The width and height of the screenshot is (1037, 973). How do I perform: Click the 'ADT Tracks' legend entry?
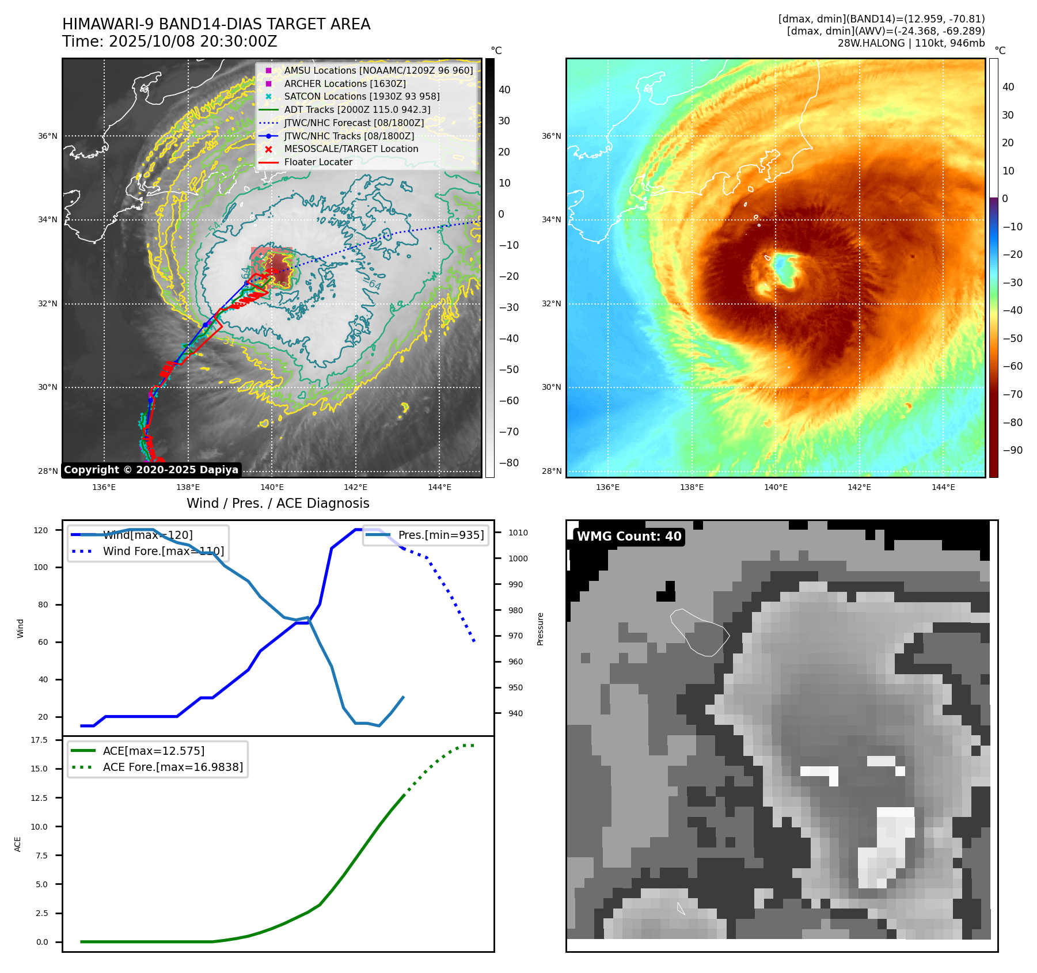(357, 109)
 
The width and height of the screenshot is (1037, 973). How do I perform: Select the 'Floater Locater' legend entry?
(318, 162)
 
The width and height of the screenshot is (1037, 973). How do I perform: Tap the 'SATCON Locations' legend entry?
(362, 96)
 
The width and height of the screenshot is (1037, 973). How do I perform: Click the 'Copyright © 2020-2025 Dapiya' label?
(151, 470)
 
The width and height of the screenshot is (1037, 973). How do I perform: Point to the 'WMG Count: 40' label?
(629, 537)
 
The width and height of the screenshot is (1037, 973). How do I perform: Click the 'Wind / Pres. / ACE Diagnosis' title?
(278, 503)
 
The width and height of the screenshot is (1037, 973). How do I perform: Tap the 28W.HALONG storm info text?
(911, 43)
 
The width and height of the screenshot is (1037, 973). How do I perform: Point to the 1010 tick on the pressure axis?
(518, 533)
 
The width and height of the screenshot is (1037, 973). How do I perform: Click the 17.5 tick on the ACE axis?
(39, 740)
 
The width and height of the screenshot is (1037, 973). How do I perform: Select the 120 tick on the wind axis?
(41, 530)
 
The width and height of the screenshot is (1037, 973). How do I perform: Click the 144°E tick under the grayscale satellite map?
(439, 487)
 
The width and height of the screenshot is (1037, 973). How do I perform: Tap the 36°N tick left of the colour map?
(551, 136)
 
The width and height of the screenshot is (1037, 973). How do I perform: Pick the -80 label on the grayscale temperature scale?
(508, 463)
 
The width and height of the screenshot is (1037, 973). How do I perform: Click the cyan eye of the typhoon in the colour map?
(783, 268)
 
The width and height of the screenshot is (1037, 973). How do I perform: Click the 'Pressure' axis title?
(540, 629)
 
